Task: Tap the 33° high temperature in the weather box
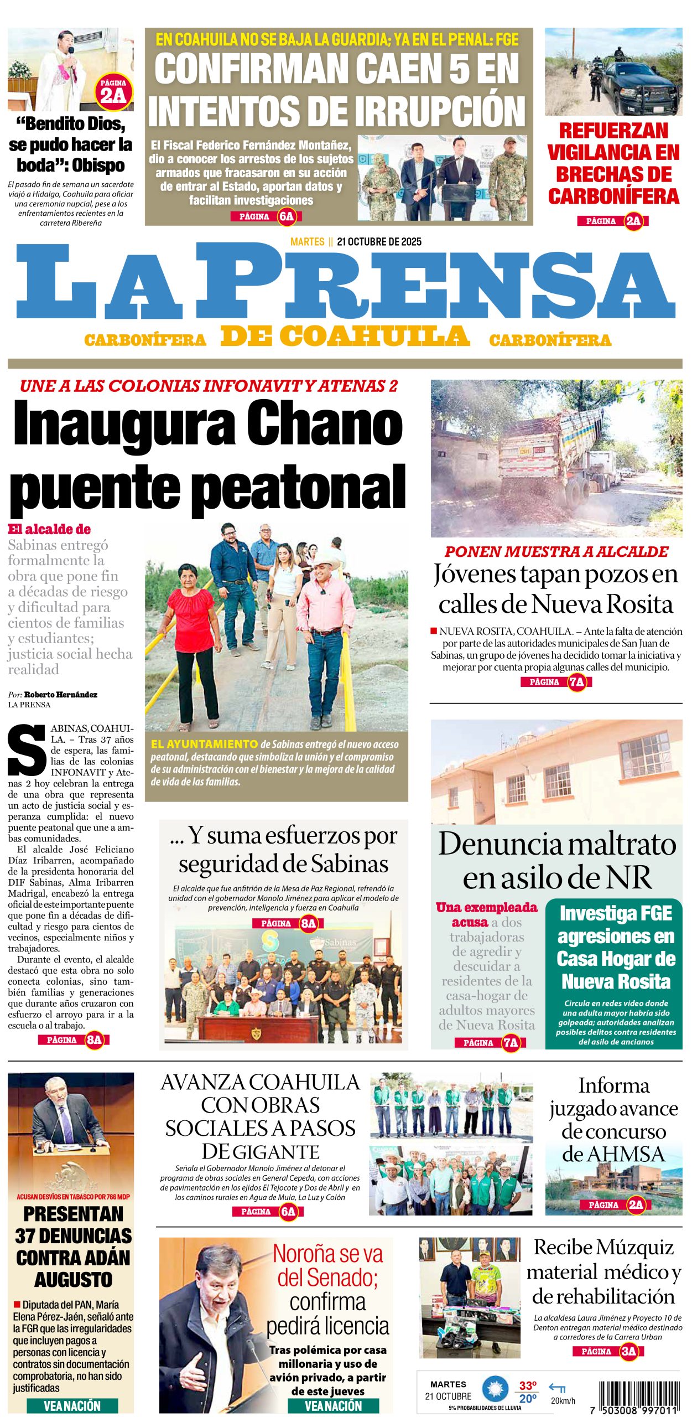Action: pos(528,1385)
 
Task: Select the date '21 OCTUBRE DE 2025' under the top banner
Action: pos(379,242)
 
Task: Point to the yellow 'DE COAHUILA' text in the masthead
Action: pos(345,337)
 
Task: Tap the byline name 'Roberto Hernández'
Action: pos(61,695)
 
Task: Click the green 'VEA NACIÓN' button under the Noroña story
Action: pos(333,1405)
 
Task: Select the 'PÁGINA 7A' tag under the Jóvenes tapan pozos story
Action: pos(556,682)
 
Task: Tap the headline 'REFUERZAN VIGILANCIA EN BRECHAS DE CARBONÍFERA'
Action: pos(613,163)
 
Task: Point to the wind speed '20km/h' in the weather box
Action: pos(563,1400)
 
